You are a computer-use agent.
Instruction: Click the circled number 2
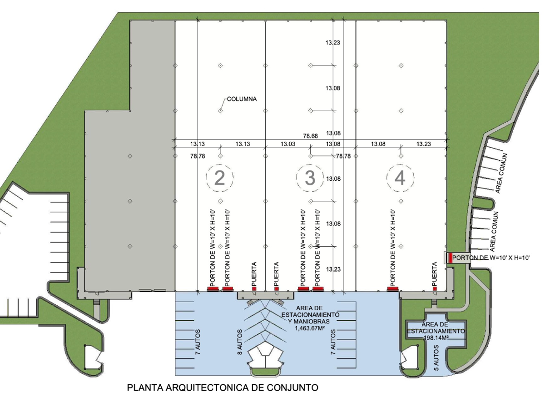(x=220, y=178)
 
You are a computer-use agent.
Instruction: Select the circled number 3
(x=310, y=178)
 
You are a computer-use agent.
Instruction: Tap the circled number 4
(x=400, y=178)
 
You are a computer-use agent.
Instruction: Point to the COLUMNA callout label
(x=242, y=99)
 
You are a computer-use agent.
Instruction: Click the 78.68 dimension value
(x=311, y=136)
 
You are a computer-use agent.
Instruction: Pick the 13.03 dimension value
(x=288, y=144)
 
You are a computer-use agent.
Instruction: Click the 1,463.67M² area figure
(x=310, y=328)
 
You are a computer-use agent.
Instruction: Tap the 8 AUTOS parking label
(x=240, y=342)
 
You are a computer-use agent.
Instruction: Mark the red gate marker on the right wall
(x=451, y=258)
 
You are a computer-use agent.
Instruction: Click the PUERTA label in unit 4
(x=435, y=273)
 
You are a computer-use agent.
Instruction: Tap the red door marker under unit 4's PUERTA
(x=435, y=289)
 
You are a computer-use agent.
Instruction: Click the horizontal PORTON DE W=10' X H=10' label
(x=491, y=258)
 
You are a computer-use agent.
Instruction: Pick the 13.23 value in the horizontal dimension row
(x=424, y=144)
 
